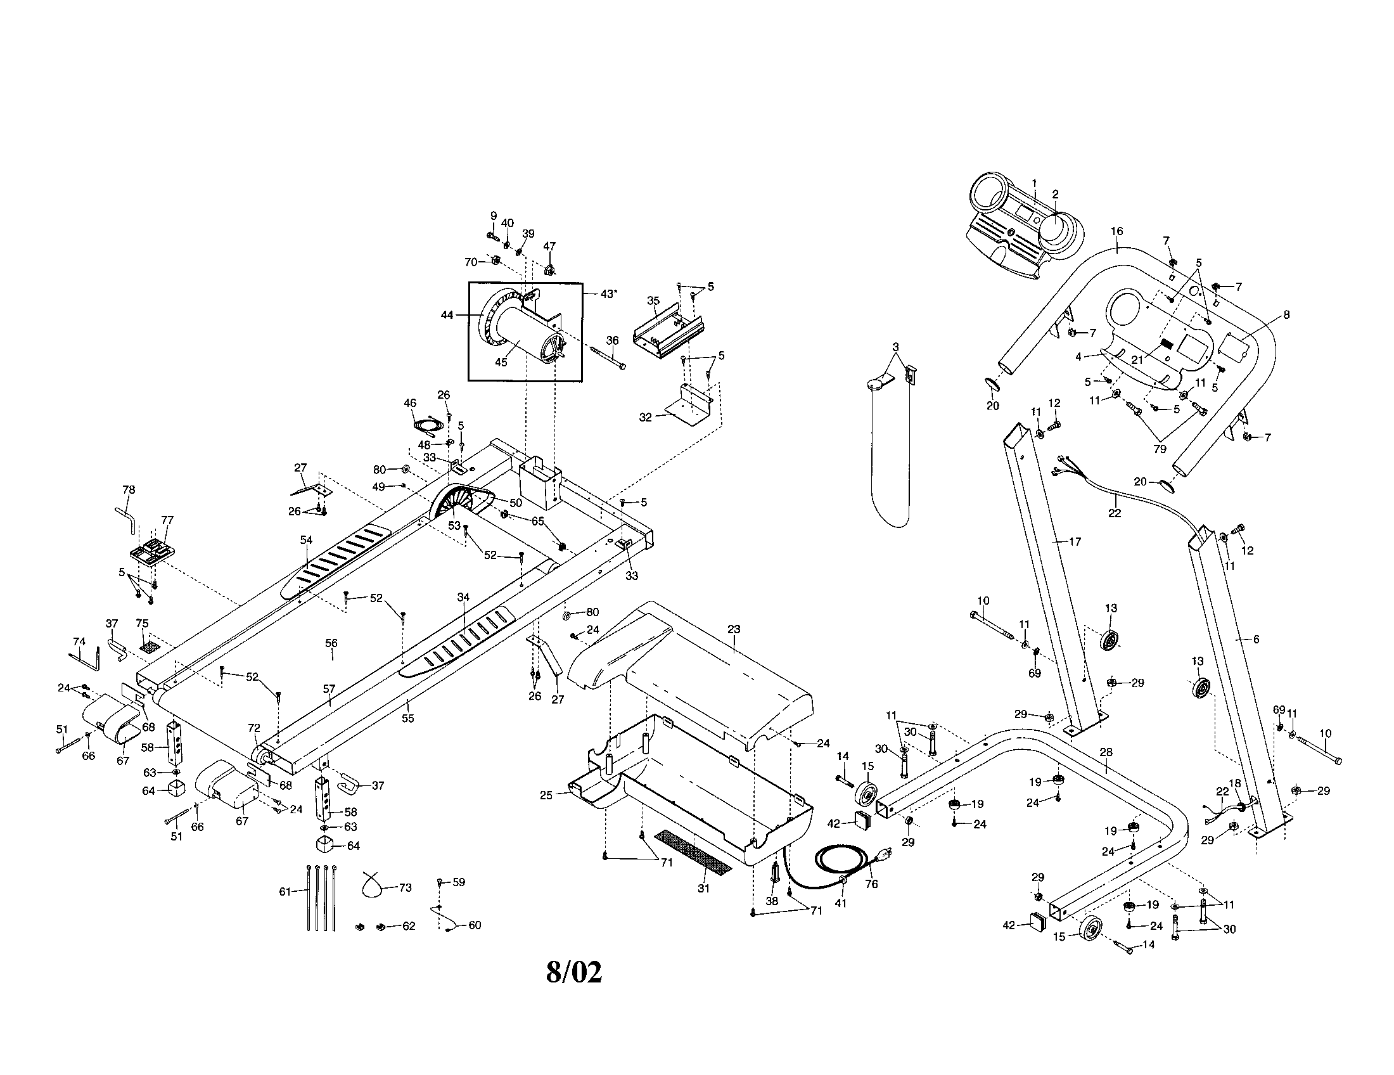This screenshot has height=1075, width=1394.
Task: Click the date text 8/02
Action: [574, 972]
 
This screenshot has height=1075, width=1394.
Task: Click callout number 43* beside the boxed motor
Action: [608, 293]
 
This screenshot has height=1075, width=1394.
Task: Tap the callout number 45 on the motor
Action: [501, 362]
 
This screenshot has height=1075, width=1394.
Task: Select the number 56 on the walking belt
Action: [331, 643]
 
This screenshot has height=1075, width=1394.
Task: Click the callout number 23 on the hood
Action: [733, 629]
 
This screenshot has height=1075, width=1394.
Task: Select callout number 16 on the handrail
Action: [1116, 231]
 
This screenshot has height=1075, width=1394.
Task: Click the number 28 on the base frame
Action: [1106, 752]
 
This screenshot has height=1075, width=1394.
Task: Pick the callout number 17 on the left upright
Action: [1075, 541]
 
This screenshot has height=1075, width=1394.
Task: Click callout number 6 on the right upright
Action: [1255, 639]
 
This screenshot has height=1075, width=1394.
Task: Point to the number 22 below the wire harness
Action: [1114, 513]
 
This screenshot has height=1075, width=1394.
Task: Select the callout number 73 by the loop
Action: [405, 887]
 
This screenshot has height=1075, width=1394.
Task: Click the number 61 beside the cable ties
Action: [285, 891]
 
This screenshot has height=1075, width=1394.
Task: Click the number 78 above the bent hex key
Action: [128, 489]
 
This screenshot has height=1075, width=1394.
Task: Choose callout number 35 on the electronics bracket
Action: [652, 300]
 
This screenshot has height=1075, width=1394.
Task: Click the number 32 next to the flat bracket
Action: [645, 417]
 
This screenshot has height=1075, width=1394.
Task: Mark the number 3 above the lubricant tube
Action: [895, 347]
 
